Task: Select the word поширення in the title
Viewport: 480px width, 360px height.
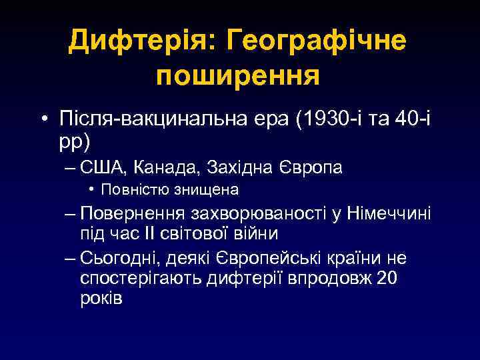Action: (239, 75)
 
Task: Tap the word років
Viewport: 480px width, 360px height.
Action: (101, 297)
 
